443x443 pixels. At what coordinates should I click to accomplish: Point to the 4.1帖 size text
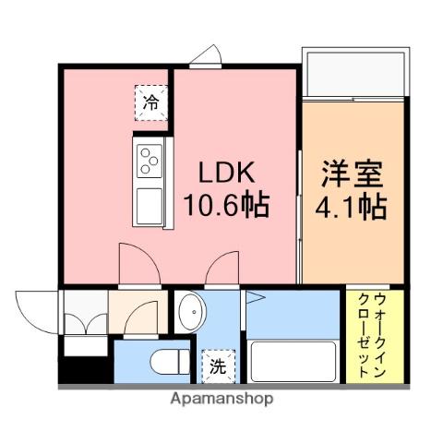point(353,207)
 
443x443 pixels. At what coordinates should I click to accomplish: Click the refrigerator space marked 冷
point(150,102)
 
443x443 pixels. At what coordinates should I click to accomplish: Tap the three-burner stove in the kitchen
point(149,162)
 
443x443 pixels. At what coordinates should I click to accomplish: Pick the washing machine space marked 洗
point(219,365)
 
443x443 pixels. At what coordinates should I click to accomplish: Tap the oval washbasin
point(191,312)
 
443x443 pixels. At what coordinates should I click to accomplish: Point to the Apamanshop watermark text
point(221,400)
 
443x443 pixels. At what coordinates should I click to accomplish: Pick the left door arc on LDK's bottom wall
point(135,268)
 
